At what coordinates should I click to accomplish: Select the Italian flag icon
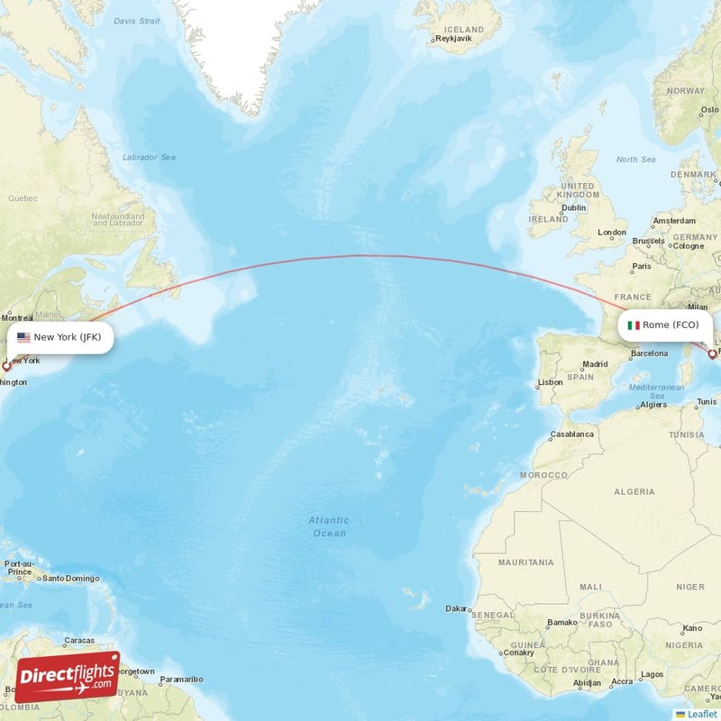coord(634,324)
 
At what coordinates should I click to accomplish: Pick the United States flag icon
coord(23,338)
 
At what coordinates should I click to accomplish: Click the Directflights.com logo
coord(68,677)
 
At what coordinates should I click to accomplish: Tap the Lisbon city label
coord(550,382)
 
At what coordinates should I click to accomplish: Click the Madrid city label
coord(595,365)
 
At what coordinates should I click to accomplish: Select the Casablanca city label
coord(573,434)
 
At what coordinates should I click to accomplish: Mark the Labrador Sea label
coord(149,157)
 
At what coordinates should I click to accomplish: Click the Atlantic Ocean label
coord(328,526)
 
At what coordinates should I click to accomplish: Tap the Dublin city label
coord(574,207)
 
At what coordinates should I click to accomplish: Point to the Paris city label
coord(642,267)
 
